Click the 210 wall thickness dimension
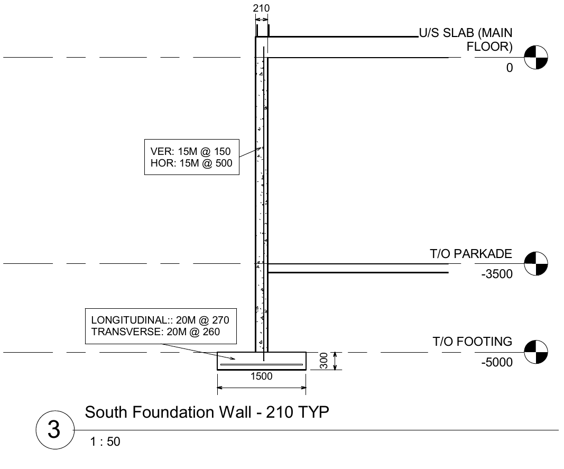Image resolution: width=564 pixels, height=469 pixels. [262, 8]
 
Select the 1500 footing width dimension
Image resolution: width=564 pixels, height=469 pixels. [262, 376]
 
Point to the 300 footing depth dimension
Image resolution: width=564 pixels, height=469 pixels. [324, 361]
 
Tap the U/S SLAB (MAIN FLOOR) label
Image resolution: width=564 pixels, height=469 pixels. [465, 40]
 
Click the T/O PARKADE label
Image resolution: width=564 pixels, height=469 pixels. [471, 254]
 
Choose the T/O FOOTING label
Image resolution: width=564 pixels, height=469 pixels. [473, 342]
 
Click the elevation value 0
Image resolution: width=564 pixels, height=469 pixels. [509, 69]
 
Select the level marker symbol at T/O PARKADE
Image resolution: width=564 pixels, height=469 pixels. [535, 263]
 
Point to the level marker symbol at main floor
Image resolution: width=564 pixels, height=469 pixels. [535, 57]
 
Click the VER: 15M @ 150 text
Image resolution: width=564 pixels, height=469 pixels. [191, 151]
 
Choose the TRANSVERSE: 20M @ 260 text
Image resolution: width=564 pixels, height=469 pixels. [155, 332]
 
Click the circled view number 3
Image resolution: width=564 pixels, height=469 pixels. [54, 430]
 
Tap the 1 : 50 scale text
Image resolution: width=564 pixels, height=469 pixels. [106, 442]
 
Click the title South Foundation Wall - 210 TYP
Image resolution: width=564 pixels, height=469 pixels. [207, 412]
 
